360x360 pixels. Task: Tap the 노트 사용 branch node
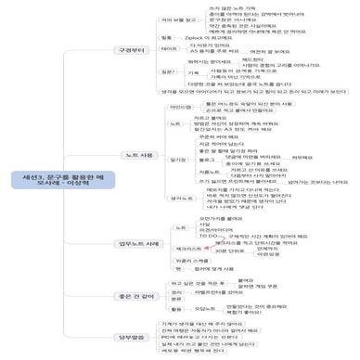(140, 154)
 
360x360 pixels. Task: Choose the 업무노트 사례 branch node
(141, 244)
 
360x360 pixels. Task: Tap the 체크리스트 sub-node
(189, 250)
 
